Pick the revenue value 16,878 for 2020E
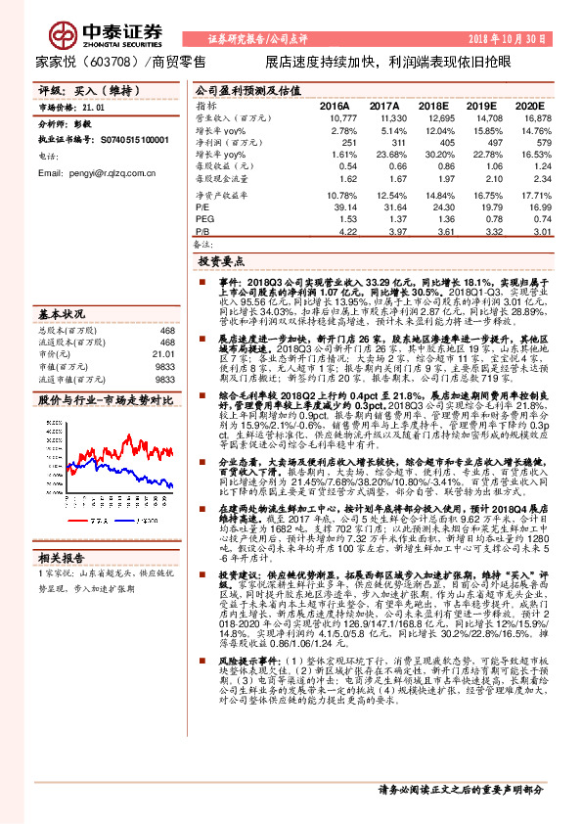[534, 117]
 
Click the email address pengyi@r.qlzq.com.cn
[97, 172]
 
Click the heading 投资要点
[220, 262]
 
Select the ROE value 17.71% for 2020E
[534, 195]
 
